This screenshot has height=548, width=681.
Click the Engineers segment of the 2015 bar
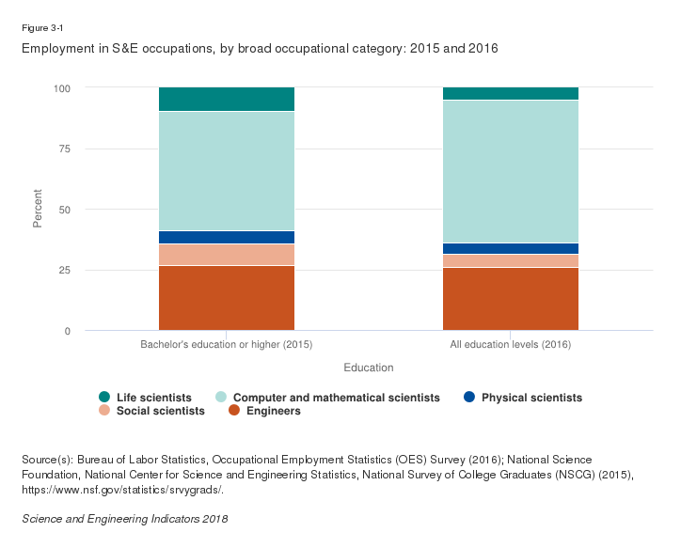[227, 298]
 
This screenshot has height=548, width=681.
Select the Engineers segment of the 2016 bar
[511, 299]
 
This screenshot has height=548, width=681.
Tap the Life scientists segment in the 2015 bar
[227, 99]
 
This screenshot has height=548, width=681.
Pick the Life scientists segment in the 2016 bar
[511, 93]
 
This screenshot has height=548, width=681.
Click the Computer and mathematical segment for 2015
[227, 171]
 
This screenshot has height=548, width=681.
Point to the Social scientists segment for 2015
[227, 255]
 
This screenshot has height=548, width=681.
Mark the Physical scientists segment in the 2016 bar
[511, 248]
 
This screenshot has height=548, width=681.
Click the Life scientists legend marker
[104, 398]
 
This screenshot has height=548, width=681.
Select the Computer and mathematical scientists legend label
[336, 398]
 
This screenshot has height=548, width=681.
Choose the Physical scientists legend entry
[531, 398]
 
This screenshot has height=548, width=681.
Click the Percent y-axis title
[39, 209]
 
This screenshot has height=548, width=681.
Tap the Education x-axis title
[369, 367]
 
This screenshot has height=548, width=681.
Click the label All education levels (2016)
[511, 345]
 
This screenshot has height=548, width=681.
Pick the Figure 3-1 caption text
[41, 28]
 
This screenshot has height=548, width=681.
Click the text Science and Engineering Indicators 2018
[124, 519]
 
